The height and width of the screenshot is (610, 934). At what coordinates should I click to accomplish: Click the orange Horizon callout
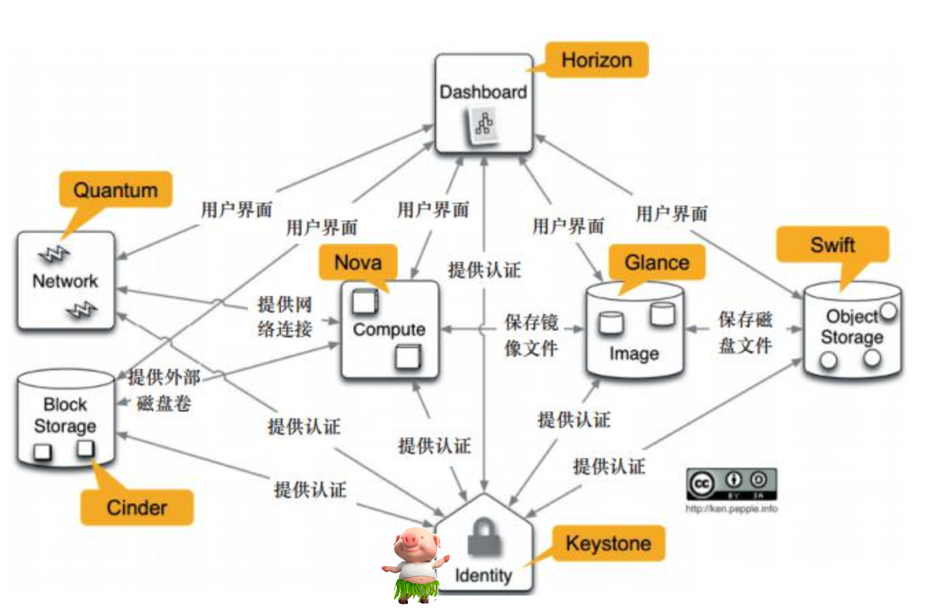click(596, 60)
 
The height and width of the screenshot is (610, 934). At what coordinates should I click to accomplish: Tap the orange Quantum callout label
click(115, 189)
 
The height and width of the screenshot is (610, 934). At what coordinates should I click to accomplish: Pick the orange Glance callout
click(657, 262)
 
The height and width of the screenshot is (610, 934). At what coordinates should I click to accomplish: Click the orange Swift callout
click(832, 245)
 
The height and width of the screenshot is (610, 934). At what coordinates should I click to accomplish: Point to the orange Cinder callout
click(137, 508)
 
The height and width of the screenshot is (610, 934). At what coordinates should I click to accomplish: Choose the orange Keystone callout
click(607, 543)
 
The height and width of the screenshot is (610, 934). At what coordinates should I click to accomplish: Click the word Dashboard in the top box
click(483, 91)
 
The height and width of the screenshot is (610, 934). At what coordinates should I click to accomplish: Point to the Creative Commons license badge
click(731, 484)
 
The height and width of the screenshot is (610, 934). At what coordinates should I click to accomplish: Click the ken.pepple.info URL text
click(731, 510)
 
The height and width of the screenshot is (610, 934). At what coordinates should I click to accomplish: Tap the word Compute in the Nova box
click(389, 329)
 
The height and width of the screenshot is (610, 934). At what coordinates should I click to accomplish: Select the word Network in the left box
click(66, 280)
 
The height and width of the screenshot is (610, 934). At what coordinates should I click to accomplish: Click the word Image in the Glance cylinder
click(634, 354)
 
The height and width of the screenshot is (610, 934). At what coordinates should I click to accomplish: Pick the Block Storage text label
click(65, 414)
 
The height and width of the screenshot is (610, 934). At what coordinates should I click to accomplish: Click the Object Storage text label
click(852, 327)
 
